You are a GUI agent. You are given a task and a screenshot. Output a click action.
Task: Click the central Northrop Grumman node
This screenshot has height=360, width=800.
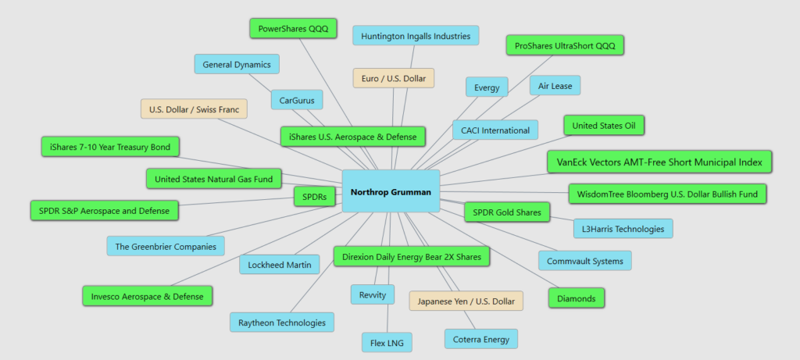(391, 191)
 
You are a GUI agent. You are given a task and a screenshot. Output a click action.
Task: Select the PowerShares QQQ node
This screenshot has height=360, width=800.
(293, 29)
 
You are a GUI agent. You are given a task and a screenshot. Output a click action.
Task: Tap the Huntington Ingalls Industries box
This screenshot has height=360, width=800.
(416, 36)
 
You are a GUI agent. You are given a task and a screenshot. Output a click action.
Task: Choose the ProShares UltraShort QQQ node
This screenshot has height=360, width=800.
(565, 46)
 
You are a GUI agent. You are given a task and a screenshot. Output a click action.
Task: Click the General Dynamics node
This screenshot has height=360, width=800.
(237, 65)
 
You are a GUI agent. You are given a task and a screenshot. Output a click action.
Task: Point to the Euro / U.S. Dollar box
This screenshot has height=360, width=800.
(393, 78)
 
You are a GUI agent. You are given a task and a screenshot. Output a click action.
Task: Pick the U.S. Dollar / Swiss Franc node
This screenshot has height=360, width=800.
(194, 109)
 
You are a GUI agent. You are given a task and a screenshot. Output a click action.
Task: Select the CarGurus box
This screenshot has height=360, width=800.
(296, 100)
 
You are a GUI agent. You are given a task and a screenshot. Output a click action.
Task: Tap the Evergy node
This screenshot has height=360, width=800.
(487, 87)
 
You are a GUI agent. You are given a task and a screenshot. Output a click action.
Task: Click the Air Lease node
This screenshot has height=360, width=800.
(555, 86)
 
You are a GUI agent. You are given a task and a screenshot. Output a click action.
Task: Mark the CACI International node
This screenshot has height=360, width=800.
(495, 130)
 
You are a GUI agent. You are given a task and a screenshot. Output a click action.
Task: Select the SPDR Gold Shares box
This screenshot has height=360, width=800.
(507, 212)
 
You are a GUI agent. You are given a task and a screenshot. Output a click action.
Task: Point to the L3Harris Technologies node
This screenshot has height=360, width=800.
(623, 229)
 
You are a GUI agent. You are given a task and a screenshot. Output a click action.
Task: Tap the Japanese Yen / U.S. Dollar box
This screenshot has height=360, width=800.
(466, 301)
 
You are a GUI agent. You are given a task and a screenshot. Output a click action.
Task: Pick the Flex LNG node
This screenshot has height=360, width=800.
(386, 342)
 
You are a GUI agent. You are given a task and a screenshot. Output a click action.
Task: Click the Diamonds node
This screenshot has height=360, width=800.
(577, 298)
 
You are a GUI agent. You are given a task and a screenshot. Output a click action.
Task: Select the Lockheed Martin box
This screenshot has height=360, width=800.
(279, 265)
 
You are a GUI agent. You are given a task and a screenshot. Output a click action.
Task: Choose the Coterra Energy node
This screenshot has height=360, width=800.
(480, 339)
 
